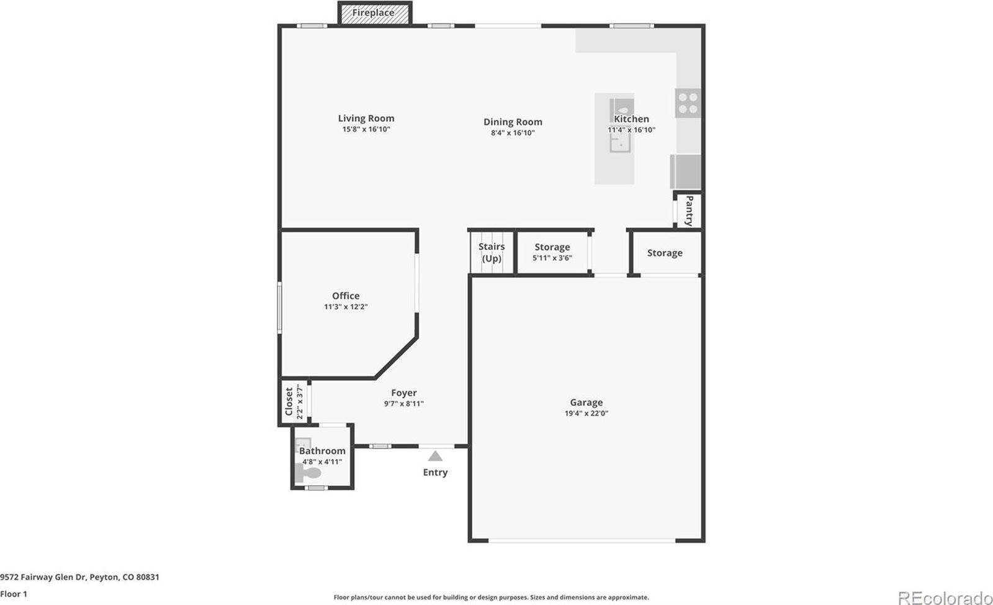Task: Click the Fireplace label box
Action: click(374, 13)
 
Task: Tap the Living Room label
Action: click(366, 118)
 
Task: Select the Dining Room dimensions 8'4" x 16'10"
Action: click(513, 133)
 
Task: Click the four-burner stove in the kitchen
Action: click(688, 103)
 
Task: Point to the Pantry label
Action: click(689, 211)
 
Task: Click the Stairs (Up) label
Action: click(492, 252)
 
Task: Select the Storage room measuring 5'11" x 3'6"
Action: click(552, 252)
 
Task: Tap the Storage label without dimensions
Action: click(665, 253)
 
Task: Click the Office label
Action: click(346, 296)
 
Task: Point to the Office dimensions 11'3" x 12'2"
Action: click(346, 307)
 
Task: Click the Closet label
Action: click(289, 402)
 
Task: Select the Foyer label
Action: click(404, 393)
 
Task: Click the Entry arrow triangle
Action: click(436, 457)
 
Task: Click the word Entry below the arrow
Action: click(435, 472)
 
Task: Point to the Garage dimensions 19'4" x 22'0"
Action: click(586, 413)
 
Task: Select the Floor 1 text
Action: click(14, 594)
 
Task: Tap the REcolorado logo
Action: click(945, 597)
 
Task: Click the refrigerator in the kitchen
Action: click(686, 171)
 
